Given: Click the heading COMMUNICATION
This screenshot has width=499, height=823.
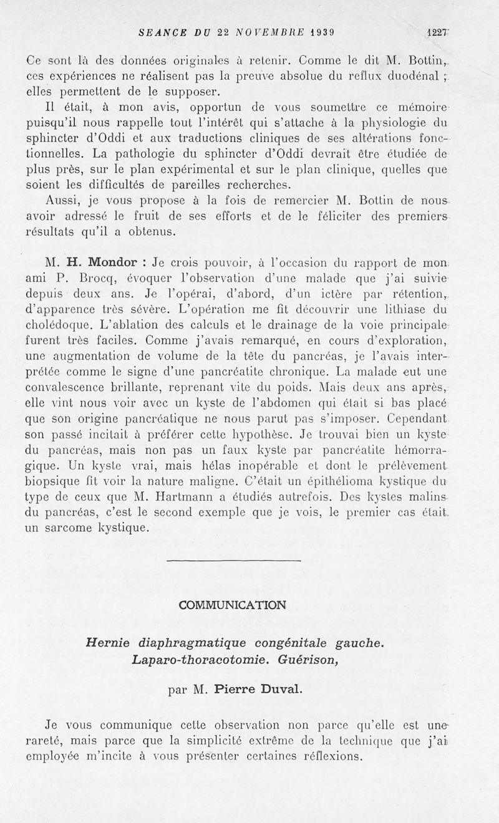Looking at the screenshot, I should [233, 605].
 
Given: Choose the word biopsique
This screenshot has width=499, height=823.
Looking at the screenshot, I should [61, 482].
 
